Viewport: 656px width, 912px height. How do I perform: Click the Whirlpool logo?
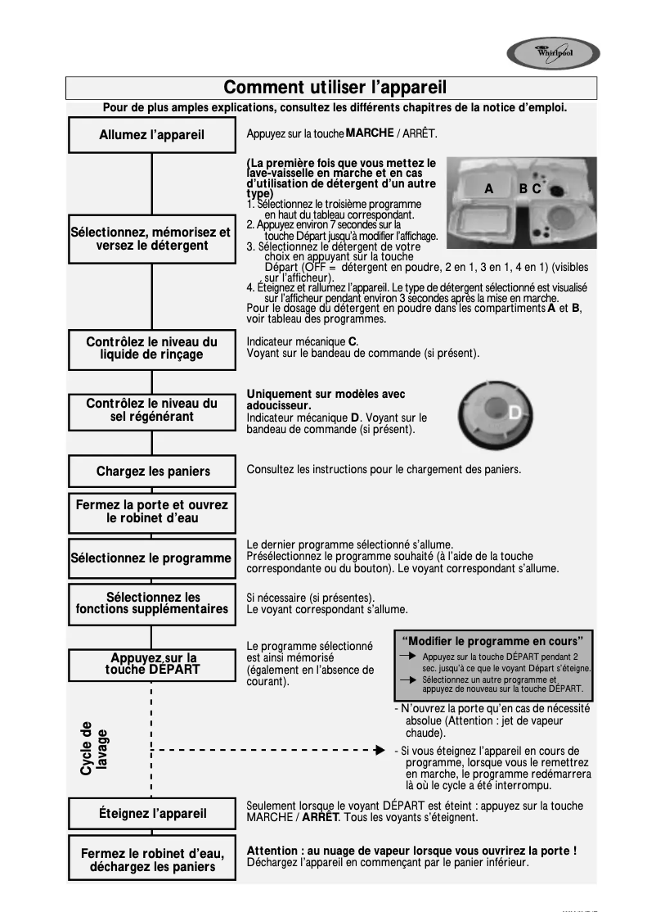tap(553, 55)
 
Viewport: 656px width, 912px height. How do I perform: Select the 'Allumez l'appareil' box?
tap(152, 134)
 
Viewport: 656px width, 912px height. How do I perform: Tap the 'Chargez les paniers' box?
tap(152, 472)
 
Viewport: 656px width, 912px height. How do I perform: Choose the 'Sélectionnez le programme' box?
tap(152, 558)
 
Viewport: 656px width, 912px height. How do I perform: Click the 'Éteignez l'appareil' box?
tap(152, 813)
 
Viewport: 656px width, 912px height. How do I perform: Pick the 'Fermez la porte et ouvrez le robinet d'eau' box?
tap(152, 512)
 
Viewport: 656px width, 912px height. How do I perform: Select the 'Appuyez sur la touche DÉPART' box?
tap(152, 664)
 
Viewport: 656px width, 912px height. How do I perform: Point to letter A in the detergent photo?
tap(488, 188)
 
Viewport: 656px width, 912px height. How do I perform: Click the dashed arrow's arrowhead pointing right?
tap(379, 749)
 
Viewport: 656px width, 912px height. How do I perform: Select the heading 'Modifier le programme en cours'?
tap(492, 640)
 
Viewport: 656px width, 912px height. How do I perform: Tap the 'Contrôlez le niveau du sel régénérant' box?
tap(152, 410)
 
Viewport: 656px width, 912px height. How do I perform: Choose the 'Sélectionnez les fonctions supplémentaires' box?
tap(152, 603)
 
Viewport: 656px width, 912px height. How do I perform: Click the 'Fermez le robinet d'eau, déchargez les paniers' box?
tap(152, 860)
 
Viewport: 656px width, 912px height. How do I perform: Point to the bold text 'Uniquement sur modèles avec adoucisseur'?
tap(326, 400)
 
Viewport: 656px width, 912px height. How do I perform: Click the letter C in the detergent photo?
tap(537, 188)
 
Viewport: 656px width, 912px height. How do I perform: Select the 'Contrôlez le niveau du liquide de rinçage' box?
tap(152, 349)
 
